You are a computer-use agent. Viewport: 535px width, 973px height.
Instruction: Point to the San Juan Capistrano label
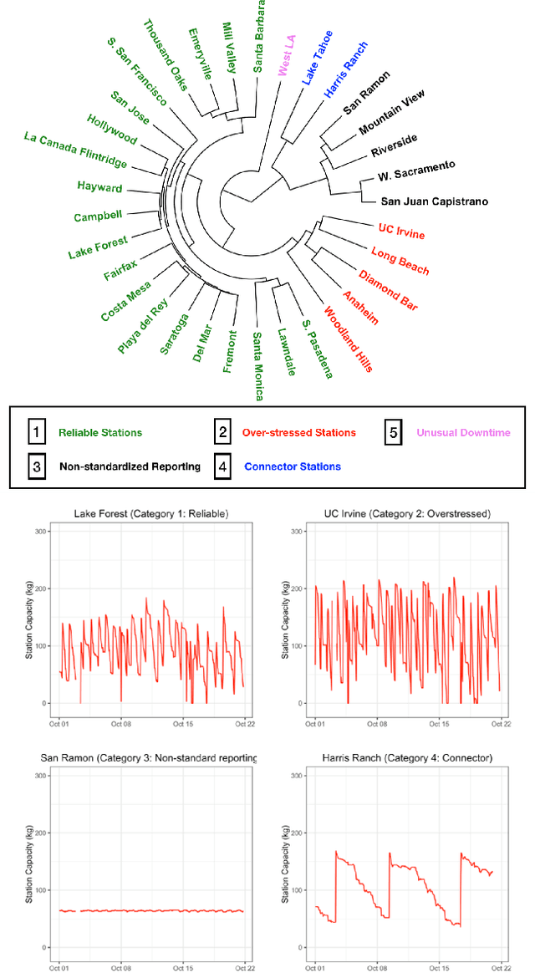coord(434,201)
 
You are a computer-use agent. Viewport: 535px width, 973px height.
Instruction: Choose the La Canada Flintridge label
coord(75,149)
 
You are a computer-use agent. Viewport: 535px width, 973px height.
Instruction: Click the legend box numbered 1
coord(36,432)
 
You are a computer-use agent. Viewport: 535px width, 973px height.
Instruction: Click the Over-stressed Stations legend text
coord(300,433)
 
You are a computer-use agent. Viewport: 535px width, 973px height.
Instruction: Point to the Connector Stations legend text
coord(293,466)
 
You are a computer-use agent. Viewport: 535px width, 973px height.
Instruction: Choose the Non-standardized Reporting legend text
coord(130,466)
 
